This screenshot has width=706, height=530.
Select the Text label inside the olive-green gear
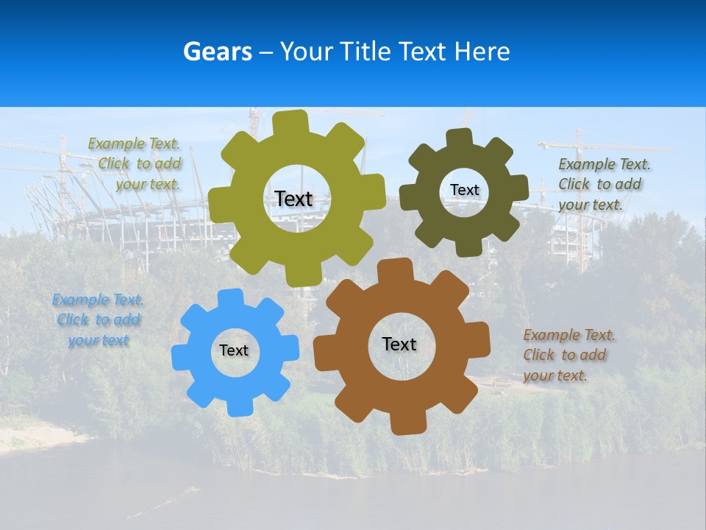293,199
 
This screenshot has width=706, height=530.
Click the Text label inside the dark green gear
464,190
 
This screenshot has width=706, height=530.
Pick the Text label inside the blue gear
234,350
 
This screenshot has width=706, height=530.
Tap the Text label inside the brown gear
399,344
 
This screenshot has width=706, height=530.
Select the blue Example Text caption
99,320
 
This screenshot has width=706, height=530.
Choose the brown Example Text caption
568,355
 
